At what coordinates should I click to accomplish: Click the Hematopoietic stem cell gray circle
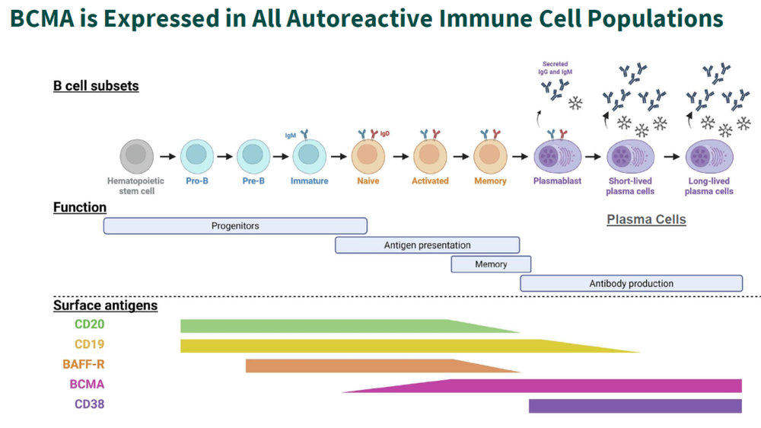[x=136, y=156]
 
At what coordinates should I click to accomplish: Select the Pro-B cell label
[x=197, y=181]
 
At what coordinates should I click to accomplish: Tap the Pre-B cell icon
[x=253, y=156]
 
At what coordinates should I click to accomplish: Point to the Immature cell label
[x=310, y=181]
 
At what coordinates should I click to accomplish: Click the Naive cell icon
[x=368, y=156]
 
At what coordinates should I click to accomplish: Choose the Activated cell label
[x=430, y=181]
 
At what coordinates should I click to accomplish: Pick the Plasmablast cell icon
[x=559, y=157]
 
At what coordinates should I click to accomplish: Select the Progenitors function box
[x=235, y=226]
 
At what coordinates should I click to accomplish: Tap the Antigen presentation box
[x=427, y=245]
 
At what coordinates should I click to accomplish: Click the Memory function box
[x=491, y=264]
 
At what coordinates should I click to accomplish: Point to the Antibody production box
[x=631, y=283]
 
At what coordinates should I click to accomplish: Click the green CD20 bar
[x=320, y=326]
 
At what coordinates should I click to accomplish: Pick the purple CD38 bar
[x=635, y=406]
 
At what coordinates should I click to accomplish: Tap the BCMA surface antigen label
[x=87, y=385]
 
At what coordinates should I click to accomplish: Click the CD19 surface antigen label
[x=89, y=344]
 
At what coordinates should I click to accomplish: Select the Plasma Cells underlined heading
[x=646, y=220]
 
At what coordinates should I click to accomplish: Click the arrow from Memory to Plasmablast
[x=521, y=157]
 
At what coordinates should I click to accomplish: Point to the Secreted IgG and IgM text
[x=556, y=68]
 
